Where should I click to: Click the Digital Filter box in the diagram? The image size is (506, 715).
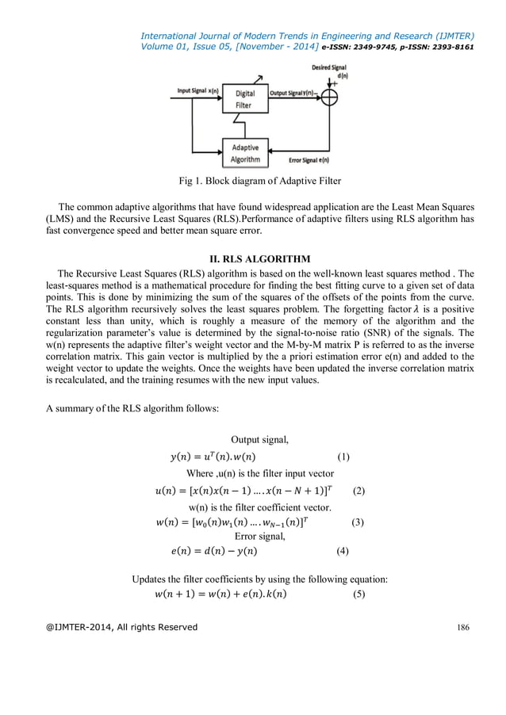point(245,98)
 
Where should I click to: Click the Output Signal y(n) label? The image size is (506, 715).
point(293,93)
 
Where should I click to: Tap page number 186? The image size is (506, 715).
point(466,627)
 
